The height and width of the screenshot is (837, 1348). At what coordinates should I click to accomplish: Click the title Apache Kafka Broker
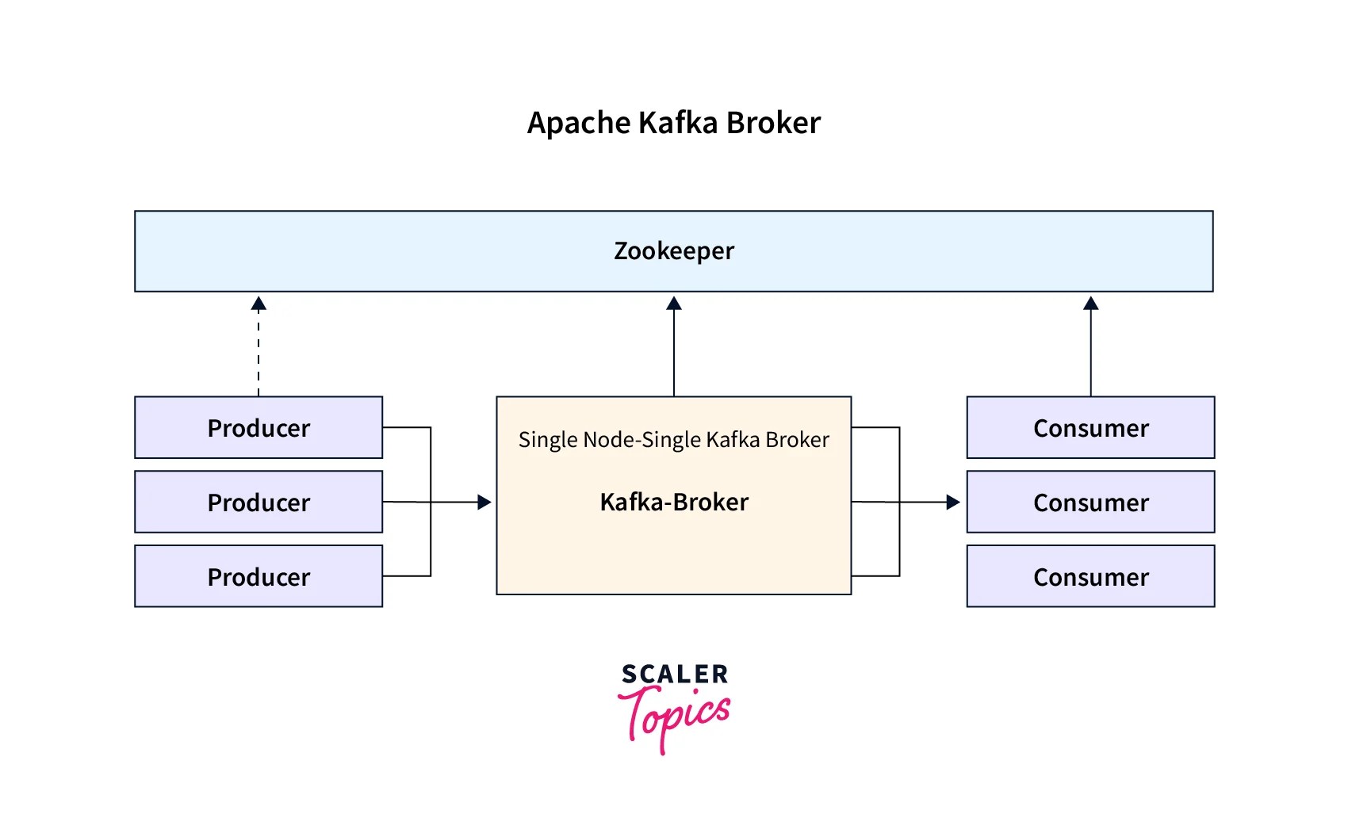click(x=674, y=124)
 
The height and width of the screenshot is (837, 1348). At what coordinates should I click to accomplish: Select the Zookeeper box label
click(x=674, y=251)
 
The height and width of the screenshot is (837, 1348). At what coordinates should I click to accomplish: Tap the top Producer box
click(x=258, y=428)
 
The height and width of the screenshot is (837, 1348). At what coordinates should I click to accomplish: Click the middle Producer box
click(x=258, y=503)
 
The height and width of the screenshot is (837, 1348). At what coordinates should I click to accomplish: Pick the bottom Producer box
click(x=258, y=577)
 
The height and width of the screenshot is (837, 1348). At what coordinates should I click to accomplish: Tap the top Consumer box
click(x=1090, y=428)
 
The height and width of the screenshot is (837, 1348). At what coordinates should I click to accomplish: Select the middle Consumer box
click(x=1090, y=503)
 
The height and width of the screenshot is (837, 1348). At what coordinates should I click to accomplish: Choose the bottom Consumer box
click(x=1090, y=577)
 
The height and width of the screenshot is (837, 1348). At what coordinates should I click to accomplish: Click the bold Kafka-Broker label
click(x=674, y=503)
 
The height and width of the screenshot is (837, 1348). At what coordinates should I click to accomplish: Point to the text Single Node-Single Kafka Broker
click(x=674, y=440)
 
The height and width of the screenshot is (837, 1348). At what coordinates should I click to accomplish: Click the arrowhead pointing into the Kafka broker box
click(x=484, y=502)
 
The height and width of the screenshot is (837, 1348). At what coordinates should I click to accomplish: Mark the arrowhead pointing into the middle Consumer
click(x=953, y=502)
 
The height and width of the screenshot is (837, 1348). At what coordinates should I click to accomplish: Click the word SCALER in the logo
click(x=675, y=675)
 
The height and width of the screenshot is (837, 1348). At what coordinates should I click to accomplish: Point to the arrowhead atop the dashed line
click(x=258, y=304)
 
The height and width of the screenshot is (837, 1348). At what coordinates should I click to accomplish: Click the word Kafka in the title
click(x=677, y=124)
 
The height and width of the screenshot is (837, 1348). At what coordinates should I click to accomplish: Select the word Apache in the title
click(x=579, y=124)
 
